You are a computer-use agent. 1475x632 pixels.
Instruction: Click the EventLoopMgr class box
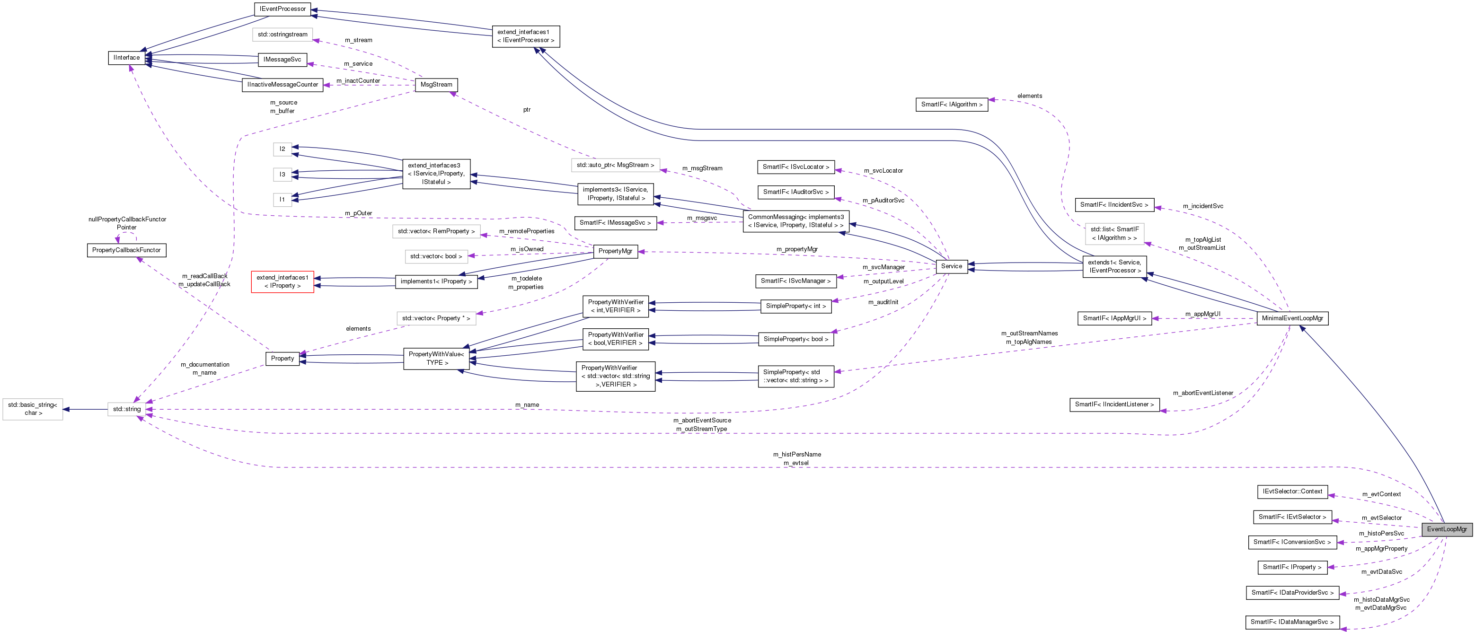(1446, 529)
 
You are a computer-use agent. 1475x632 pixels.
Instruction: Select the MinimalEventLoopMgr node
(1292, 318)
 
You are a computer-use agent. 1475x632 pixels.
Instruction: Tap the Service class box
(951, 266)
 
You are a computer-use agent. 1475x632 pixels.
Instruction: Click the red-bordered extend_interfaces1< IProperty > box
(283, 281)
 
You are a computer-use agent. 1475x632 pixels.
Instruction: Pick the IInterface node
(126, 58)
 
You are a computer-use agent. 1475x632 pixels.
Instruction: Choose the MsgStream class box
(436, 85)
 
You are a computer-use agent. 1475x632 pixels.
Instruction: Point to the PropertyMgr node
(615, 251)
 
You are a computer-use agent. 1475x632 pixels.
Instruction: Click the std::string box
(126, 409)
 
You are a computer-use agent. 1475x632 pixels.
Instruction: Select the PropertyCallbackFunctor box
(126, 250)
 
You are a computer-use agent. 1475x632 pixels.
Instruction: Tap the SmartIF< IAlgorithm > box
(951, 104)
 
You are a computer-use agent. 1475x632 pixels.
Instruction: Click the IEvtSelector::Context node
(1292, 491)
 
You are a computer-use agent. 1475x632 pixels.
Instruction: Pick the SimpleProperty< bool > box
(795, 339)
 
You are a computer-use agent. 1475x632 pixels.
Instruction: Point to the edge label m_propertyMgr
(796, 249)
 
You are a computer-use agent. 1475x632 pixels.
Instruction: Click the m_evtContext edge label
(1381, 494)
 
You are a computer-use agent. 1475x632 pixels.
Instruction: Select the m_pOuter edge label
(358, 213)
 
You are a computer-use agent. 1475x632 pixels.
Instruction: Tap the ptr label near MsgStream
(526, 109)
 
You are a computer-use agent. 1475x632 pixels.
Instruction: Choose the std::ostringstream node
(283, 35)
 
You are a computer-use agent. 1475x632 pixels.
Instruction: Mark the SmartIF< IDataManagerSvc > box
(1292, 622)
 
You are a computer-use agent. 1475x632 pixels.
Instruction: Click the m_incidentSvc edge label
(1202, 206)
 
